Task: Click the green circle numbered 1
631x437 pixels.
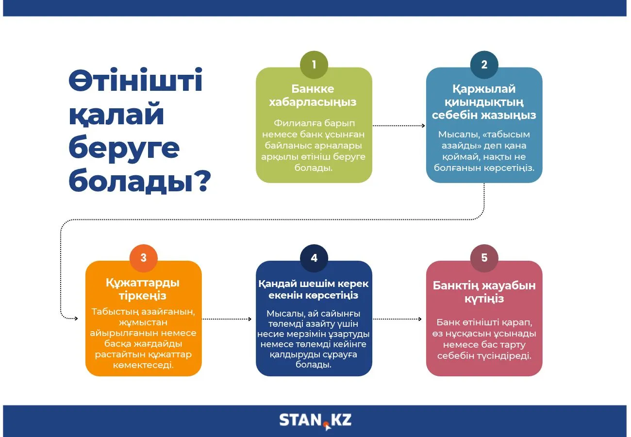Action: (314, 65)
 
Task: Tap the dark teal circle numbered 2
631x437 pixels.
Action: (484, 65)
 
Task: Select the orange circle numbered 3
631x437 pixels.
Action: (143, 258)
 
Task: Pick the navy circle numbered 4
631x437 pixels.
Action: (314, 258)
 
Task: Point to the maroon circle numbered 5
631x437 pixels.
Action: (484, 258)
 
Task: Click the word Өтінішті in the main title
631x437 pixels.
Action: (135, 80)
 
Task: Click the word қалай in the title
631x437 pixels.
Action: (116, 114)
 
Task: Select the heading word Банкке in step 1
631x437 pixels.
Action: (313, 89)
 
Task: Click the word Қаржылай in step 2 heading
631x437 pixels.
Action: (484, 89)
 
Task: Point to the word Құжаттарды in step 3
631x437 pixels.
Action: (143, 283)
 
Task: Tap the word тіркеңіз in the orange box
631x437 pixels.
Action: (143, 296)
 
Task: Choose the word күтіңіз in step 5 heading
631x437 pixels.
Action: (484, 299)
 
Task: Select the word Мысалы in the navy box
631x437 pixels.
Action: (285, 314)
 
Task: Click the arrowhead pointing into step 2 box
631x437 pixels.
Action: (423, 126)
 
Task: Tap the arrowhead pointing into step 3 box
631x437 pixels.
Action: (76, 319)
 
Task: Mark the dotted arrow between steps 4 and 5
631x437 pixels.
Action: (397, 319)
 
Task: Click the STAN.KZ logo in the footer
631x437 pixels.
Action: (315, 421)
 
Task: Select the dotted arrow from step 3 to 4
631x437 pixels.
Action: (227, 319)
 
